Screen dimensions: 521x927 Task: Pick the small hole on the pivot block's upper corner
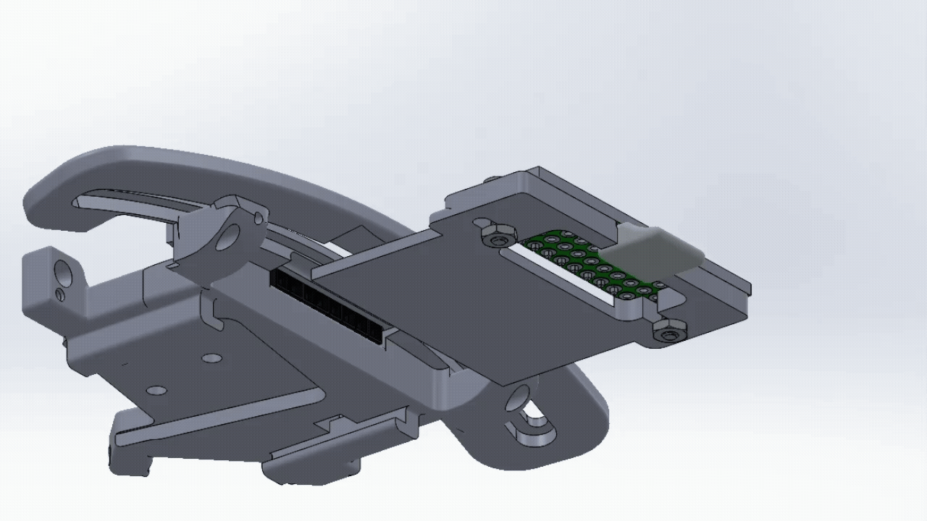tap(258, 217)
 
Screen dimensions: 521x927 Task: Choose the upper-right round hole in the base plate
tap(211, 358)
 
